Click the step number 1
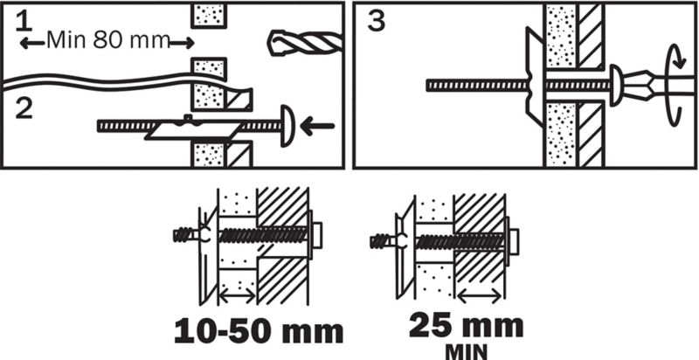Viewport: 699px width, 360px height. [x=24, y=22]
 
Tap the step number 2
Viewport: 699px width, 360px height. [x=24, y=108]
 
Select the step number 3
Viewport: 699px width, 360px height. [x=376, y=22]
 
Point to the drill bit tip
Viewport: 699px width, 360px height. [x=270, y=43]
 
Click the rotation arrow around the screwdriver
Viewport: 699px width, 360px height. [x=674, y=88]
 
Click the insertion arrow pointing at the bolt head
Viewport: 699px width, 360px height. [x=317, y=126]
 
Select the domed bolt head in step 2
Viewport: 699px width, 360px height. [x=287, y=126]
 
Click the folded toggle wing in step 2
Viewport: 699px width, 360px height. [x=192, y=129]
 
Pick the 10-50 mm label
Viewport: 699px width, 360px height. [x=259, y=332]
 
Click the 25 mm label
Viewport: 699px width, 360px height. [x=466, y=327]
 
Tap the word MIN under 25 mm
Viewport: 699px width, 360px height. [x=466, y=351]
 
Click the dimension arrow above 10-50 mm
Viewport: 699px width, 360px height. [x=238, y=295]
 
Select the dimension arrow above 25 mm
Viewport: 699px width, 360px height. [x=479, y=295]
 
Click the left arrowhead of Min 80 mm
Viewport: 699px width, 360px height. [x=26, y=43]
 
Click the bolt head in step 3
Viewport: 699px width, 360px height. [x=616, y=85]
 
